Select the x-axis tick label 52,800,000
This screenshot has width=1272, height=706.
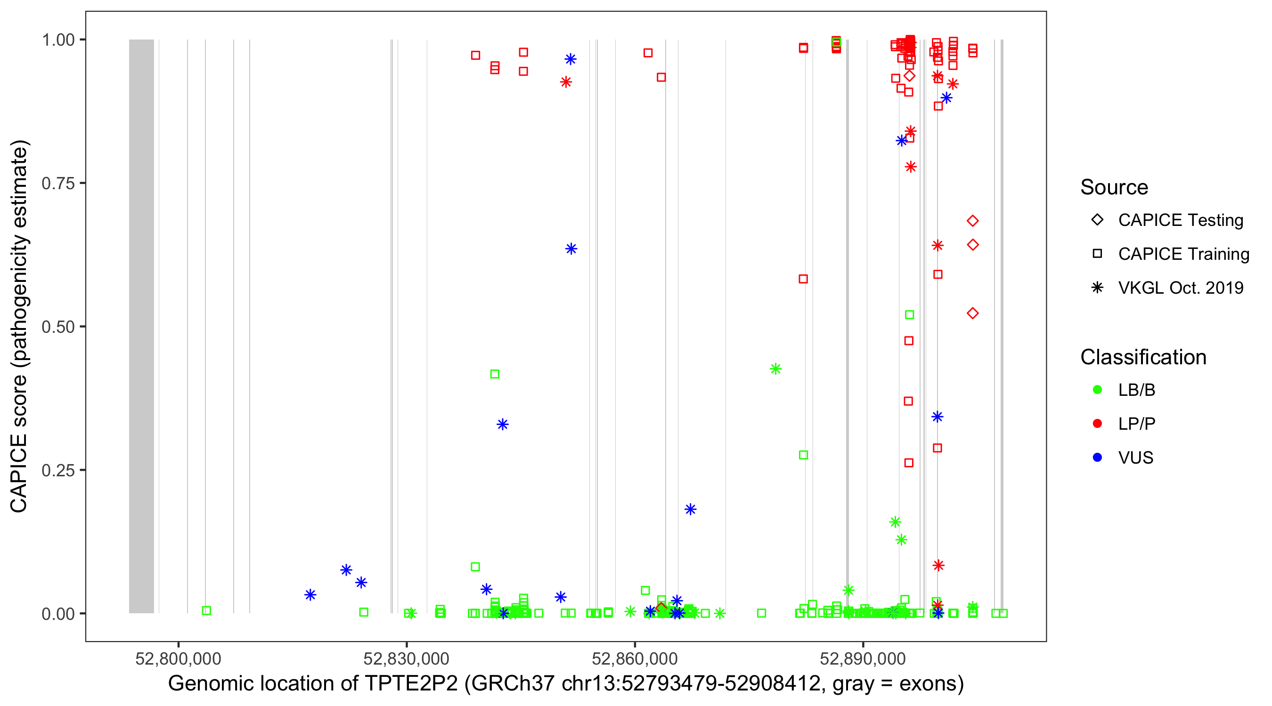coord(178,658)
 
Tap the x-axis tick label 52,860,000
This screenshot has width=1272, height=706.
coord(635,658)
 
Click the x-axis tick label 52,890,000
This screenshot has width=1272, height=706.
coord(863,658)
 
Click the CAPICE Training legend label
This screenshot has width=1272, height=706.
coord(1183,254)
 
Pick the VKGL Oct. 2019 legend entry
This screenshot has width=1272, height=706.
coord(1180,288)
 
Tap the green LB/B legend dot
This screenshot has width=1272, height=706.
coord(1097,390)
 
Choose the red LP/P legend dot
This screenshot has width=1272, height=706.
coord(1097,424)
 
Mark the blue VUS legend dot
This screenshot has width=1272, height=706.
coord(1097,458)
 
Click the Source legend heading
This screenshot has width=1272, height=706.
coord(1114,187)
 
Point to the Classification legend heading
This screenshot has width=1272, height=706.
coord(1143,357)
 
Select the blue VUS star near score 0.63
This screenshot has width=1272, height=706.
coord(571,249)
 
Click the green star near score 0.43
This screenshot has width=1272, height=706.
coord(775,369)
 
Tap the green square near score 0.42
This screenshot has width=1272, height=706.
coord(495,374)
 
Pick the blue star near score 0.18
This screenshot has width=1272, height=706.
coord(690,509)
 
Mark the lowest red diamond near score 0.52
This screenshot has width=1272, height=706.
coord(972,313)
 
